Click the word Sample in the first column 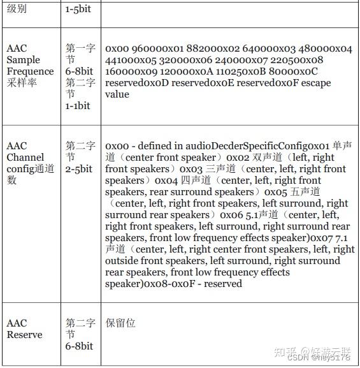point(23,59)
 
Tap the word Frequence point(31,71)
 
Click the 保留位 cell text point(120,323)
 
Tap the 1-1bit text point(78,105)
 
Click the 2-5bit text point(79,168)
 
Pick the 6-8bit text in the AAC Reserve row point(79,346)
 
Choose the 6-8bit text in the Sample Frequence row point(79,71)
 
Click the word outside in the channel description point(124,261)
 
